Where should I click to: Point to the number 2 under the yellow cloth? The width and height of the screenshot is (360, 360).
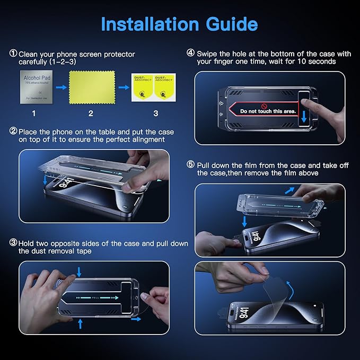[x=90, y=113]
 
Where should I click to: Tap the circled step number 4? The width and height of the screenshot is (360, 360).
[x=190, y=54]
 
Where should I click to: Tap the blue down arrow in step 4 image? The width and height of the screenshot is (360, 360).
[x=303, y=116]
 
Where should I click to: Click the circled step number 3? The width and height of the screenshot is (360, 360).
[x=13, y=243]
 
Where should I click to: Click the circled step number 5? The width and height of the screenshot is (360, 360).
[x=190, y=165]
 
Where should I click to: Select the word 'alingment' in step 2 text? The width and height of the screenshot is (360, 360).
[x=148, y=139]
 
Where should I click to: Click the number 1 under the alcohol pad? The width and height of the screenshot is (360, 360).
[x=33, y=113]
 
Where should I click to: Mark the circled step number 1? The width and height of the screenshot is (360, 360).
[x=13, y=54]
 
